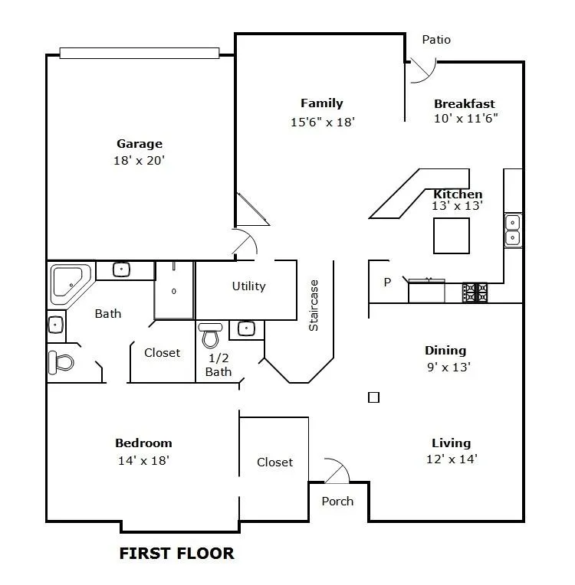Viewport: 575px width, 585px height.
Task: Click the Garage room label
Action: click(140, 144)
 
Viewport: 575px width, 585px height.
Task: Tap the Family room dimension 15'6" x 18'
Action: click(323, 122)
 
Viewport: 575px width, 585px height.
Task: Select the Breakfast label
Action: click(464, 103)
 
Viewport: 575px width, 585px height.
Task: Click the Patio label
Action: click(436, 40)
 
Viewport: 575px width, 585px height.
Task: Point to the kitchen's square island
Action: click(452, 236)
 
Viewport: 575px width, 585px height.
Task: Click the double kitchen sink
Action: click(513, 230)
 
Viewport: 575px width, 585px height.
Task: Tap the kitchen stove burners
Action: click(475, 292)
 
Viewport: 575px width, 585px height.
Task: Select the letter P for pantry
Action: click(387, 282)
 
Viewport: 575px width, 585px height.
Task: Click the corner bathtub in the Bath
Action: click(71, 283)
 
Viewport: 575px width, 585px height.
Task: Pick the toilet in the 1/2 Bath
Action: click(210, 335)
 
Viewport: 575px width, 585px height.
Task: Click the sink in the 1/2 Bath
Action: click(246, 328)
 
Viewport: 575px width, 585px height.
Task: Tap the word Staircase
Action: click(314, 306)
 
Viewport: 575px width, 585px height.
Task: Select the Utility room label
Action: click(249, 286)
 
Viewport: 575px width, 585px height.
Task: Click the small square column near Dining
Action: click(373, 397)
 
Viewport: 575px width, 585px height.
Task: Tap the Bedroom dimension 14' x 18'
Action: click(144, 460)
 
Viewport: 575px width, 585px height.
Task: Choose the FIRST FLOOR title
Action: click(177, 554)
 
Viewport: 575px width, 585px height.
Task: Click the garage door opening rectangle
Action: click(140, 53)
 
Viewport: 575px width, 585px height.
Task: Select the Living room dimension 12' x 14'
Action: click(452, 459)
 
